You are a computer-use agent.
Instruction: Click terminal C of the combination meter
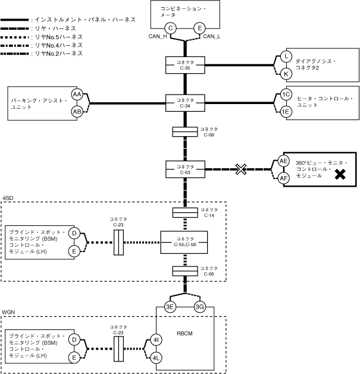171,28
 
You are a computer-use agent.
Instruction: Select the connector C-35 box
186,65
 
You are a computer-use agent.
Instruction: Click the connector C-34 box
186,102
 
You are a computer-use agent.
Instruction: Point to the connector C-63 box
186,170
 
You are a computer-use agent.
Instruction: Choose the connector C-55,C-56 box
186,242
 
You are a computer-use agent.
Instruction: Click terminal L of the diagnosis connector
286,56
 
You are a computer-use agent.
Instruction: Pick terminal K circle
286,73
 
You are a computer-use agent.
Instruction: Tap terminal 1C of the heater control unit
286,95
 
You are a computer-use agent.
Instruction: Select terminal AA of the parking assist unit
77,95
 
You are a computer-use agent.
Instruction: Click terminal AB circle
77,111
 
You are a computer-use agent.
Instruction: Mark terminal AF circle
284,178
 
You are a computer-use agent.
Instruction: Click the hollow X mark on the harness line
240,169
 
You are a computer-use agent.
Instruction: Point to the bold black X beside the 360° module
340,175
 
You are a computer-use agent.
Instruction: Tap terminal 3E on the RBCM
170,307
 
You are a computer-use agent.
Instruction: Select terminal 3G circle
201,307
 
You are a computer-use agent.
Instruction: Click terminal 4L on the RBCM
156,358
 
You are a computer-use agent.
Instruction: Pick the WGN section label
8,312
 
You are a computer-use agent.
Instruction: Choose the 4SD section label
8,197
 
